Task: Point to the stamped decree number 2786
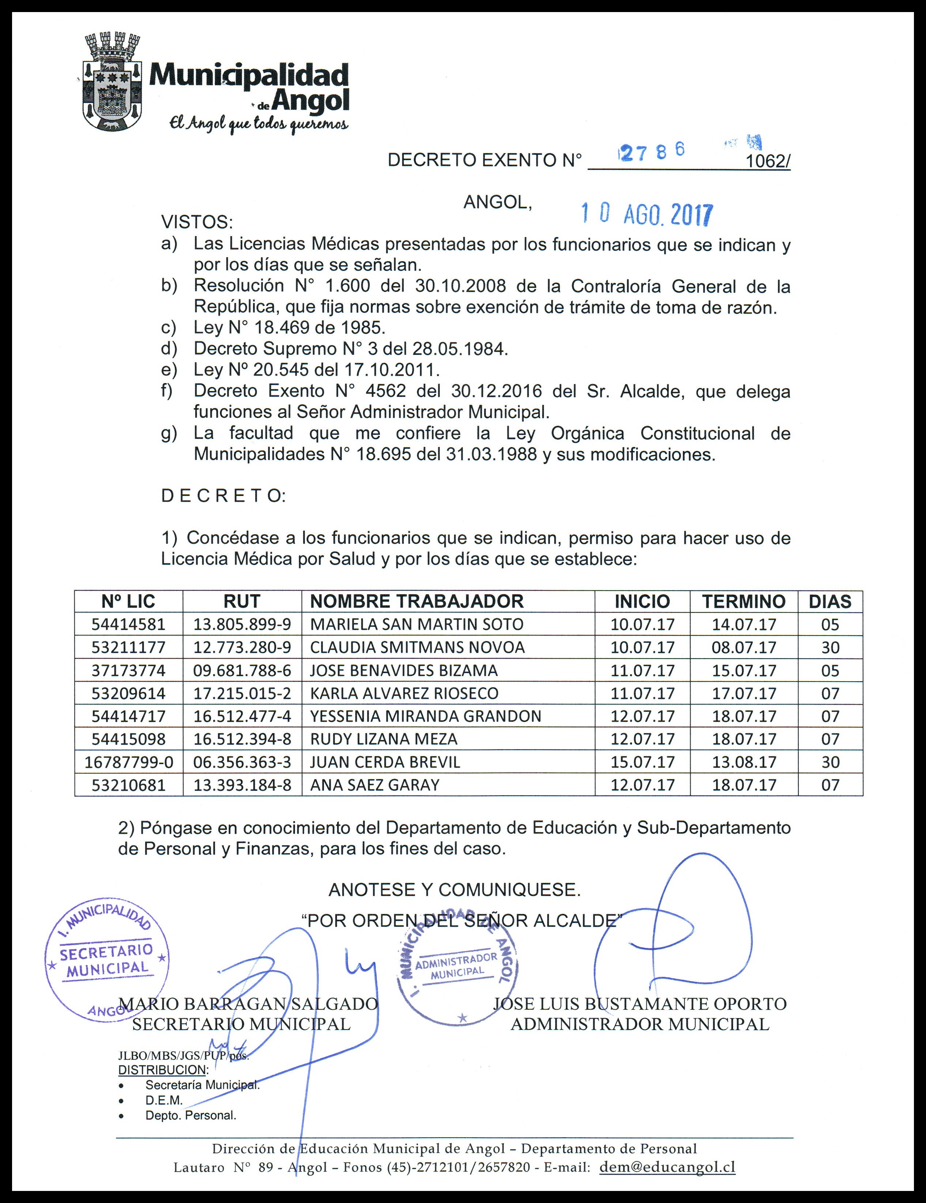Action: (653, 152)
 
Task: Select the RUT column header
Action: (242, 601)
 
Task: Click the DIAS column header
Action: (829, 601)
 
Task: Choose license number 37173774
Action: (128, 670)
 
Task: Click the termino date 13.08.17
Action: (744, 762)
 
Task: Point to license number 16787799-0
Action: (128, 762)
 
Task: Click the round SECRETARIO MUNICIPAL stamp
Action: (106, 959)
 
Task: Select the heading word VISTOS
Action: (197, 223)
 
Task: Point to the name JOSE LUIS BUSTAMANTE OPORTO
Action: (639, 1003)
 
